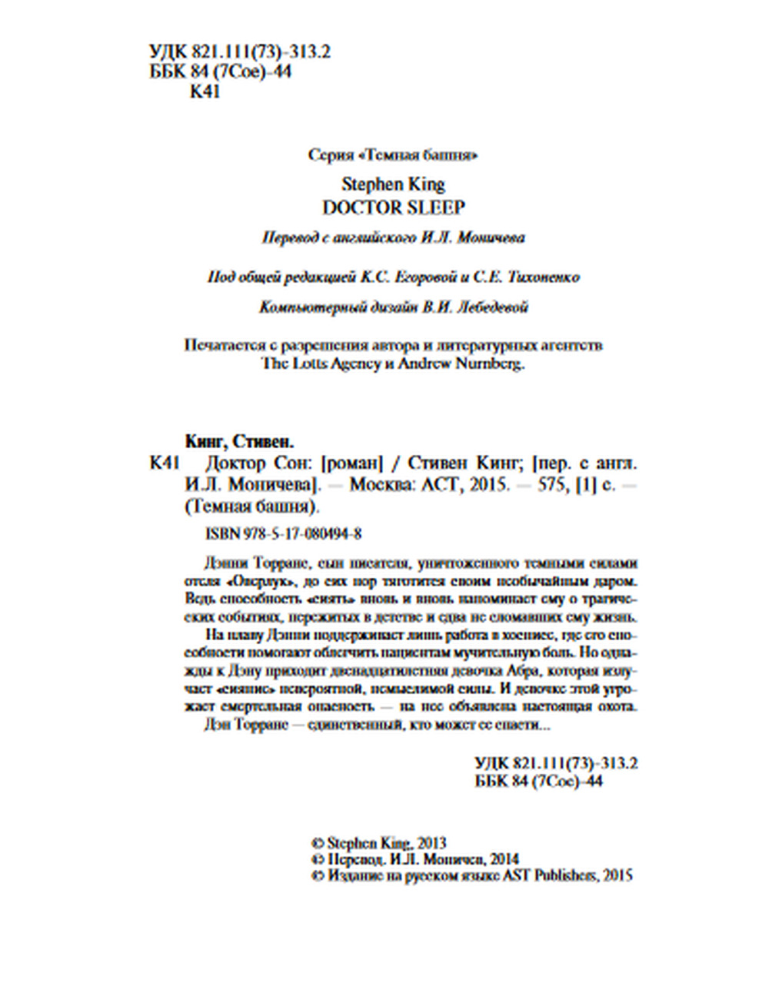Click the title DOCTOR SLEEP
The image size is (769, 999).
pyautogui.click(x=393, y=207)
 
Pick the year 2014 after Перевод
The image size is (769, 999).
pyautogui.click(x=503, y=858)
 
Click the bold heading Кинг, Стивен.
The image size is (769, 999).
pyautogui.click(x=240, y=442)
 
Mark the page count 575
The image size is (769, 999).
pyautogui.click(x=551, y=486)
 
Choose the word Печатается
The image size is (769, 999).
pyautogui.click(x=220, y=345)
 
